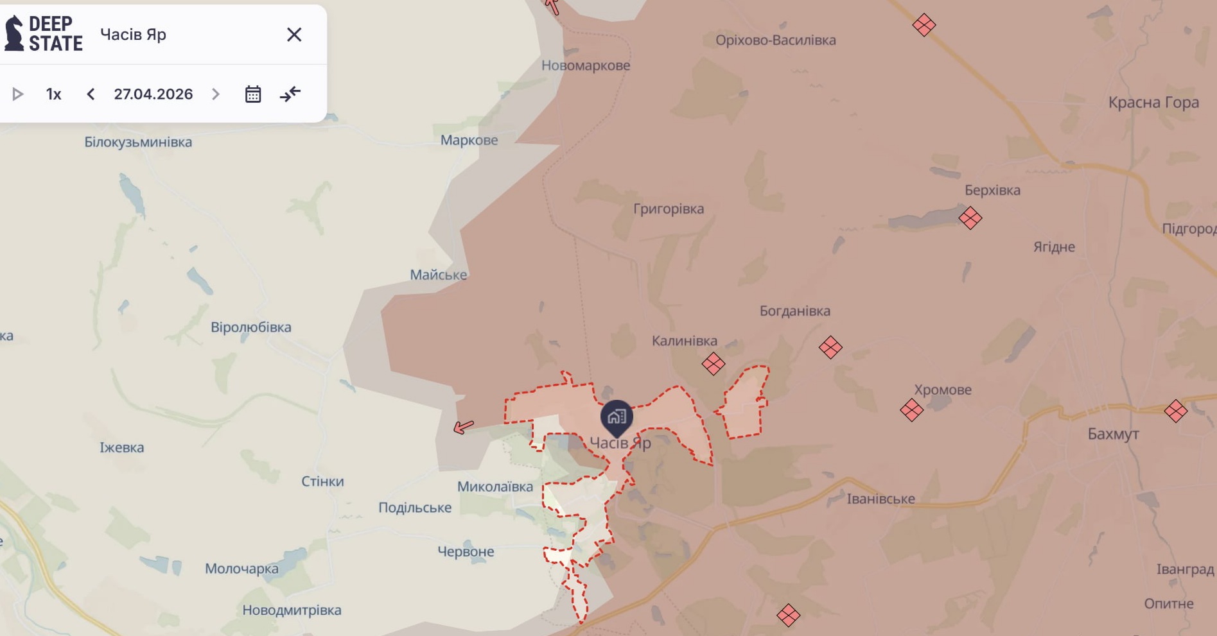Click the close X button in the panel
(294, 35)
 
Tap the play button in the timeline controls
(18, 94)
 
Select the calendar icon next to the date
(253, 94)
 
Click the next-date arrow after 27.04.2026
(216, 94)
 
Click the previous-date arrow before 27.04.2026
(91, 94)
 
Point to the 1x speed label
(54, 94)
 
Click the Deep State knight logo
(14, 33)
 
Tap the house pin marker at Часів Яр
(617, 417)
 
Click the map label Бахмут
(1113, 434)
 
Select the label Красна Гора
(1153, 103)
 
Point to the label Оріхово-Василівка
(776, 40)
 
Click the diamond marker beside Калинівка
(713, 364)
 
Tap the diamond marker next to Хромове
(911, 409)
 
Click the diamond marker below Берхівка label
(970, 218)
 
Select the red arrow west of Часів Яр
(464, 426)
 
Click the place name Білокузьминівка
(138, 142)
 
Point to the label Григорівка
(669, 209)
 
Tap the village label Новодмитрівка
(292, 610)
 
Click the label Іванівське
(880, 499)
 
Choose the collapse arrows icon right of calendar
(290, 94)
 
